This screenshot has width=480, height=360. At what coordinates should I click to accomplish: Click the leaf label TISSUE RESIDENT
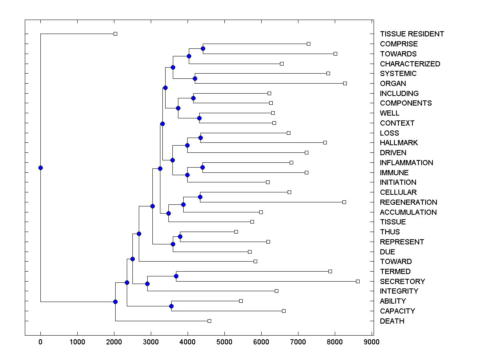point(412,34)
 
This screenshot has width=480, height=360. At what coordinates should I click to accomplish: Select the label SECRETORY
point(402,281)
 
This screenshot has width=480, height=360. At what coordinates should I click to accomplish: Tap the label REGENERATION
point(408,202)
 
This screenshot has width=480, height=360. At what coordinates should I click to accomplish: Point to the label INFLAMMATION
point(406,162)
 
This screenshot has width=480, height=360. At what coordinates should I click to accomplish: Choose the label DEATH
point(392,321)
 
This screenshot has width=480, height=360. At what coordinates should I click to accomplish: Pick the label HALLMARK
point(399,143)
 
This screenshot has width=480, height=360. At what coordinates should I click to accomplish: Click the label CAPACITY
point(397,311)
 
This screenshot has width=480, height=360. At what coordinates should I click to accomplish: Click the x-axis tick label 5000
point(224,342)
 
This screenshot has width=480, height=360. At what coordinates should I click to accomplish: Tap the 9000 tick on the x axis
point(372,342)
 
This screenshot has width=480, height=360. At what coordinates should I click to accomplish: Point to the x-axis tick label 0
point(40,342)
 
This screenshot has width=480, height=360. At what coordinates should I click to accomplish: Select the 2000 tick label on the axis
point(114,342)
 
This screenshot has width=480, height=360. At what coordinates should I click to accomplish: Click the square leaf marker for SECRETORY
point(358,281)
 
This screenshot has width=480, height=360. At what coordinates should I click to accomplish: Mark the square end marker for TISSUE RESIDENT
point(115,34)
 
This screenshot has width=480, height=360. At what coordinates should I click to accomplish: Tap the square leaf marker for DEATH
point(209,321)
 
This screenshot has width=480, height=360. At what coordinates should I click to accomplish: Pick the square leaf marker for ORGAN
point(345,83)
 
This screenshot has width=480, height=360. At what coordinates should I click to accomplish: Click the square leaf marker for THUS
point(236,232)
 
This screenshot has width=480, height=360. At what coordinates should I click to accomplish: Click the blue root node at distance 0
point(40,168)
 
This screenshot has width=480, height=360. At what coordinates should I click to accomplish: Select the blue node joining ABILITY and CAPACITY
point(171,306)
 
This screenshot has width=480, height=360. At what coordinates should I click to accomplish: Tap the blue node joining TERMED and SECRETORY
point(176,276)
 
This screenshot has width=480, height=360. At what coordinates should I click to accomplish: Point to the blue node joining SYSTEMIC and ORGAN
point(195,78)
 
